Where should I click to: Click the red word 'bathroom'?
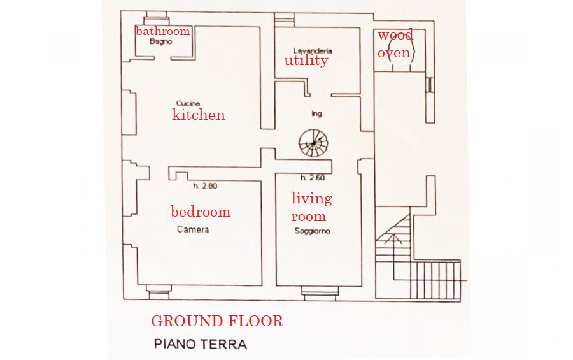click(x=163, y=31)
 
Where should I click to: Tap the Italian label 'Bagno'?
click(x=161, y=41)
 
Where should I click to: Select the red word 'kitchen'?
click(x=199, y=115)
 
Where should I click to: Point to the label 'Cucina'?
click(x=188, y=103)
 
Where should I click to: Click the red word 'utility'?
click(x=306, y=61)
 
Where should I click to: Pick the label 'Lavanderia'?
click(x=313, y=51)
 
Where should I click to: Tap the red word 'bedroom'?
click(x=201, y=212)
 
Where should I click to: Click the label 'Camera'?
click(x=193, y=229)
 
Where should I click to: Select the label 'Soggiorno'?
click(x=313, y=231)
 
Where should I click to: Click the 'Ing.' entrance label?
click(x=318, y=114)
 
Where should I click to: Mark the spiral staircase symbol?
click(x=313, y=143)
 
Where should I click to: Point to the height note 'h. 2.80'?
click(x=206, y=186)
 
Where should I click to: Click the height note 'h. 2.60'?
click(x=313, y=178)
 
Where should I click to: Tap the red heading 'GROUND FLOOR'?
click(x=217, y=321)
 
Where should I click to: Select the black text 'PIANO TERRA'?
click(x=201, y=344)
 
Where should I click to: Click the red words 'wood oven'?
click(x=395, y=44)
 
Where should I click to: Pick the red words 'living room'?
click(x=311, y=207)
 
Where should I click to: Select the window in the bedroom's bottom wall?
click(x=159, y=292)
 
